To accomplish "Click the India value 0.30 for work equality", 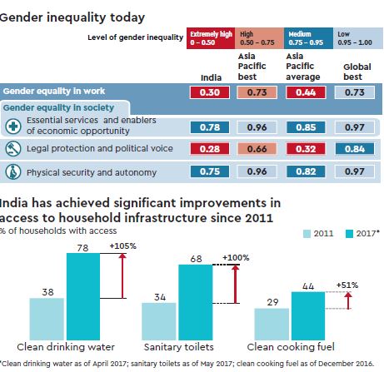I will click(x=209, y=93).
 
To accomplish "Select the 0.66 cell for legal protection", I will click(x=256, y=150).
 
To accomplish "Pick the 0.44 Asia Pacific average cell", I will click(x=304, y=93).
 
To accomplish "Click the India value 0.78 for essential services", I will click(x=209, y=127).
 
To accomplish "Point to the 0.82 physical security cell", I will click(x=304, y=172).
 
